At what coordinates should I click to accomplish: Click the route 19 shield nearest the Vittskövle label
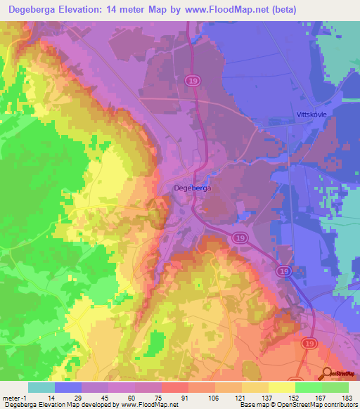[193, 82]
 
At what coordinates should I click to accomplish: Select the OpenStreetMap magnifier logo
[326, 373]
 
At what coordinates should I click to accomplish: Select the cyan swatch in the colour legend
[41, 387]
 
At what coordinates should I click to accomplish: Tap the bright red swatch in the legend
[175, 387]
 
